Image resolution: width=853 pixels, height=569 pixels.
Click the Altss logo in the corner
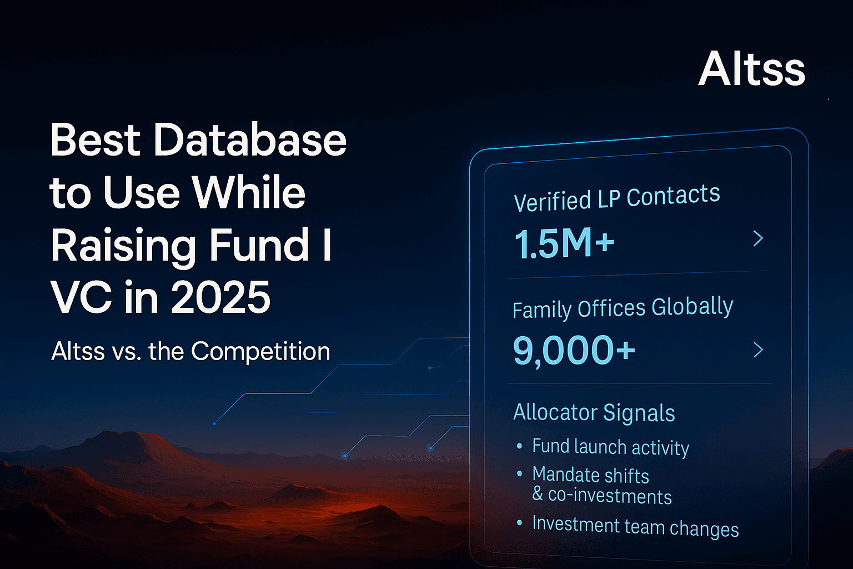[x=751, y=69]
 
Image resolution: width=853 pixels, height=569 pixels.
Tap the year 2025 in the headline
[x=220, y=297]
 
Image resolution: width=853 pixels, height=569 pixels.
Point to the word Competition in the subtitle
[x=260, y=351]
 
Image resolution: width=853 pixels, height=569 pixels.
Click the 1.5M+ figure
[x=564, y=243]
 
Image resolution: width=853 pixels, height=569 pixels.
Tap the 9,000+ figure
[x=574, y=350]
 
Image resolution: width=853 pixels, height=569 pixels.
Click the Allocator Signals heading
[x=594, y=412]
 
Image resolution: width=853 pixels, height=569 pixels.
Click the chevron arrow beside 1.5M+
[x=758, y=238]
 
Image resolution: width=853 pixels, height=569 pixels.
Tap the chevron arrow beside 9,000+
[x=758, y=350]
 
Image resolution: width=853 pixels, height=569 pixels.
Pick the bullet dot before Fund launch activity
[x=519, y=446]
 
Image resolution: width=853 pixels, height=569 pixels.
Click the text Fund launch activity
[x=610, y=447]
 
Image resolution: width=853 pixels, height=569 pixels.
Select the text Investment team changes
[x=635, y=526]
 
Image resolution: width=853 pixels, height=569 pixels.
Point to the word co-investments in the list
[x=610, y=495]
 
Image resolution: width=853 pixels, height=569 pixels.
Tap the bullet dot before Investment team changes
[x=519, y=523]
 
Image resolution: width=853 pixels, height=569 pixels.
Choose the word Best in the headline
[x=95, y=139]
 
